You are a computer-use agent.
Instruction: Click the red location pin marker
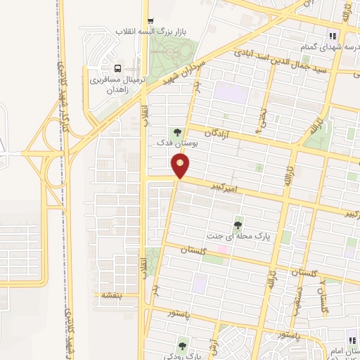pos(181,167)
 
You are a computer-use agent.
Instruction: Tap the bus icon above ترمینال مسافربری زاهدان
pos(117,68)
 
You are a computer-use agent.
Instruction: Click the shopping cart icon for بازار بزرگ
pos(150,20)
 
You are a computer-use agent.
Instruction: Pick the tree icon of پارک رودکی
pos(183,345)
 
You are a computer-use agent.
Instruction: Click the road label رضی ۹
pos(261,121)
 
